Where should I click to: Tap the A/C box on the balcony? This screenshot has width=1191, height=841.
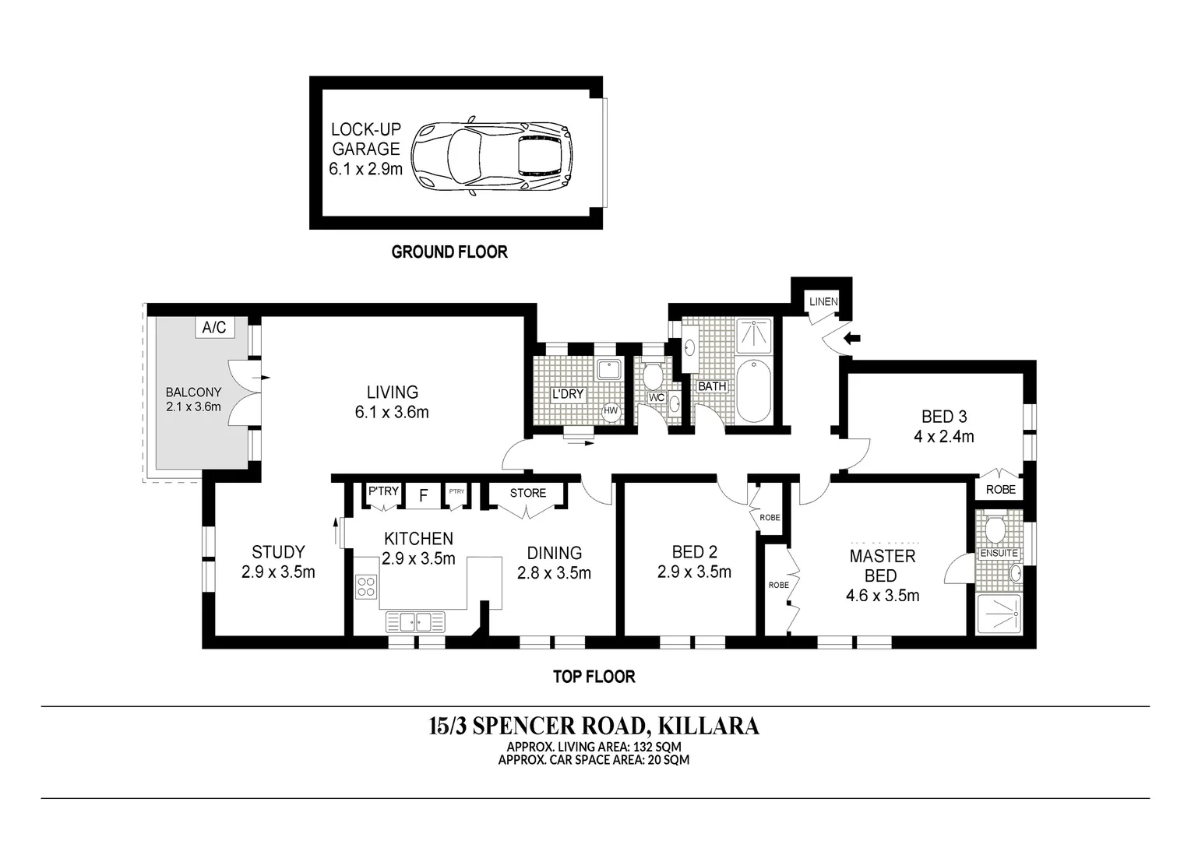(x=214, y=328)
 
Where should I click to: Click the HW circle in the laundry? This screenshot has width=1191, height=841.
(x=611, y=410)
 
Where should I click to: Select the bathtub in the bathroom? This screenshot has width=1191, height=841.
(x=753, y=390)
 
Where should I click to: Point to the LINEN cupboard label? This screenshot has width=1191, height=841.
(x=823, y=302)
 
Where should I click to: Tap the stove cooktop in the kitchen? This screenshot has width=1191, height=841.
(x=366, y=586)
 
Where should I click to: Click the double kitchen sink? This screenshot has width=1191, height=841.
(x=416, y=621)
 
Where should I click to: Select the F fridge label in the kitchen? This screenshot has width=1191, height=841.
(x=424, y=495)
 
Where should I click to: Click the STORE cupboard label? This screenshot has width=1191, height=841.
(x=528, y=493)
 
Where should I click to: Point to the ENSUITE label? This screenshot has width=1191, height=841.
(x=999, y=553)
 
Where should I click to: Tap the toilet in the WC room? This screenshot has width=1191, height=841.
(x=654, y=376)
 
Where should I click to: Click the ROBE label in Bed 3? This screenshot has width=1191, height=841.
(x=1000, y=490)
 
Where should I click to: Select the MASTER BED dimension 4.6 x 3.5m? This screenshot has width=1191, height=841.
(x=883, y=596)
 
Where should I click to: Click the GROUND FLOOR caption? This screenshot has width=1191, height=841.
(x=449, y=252)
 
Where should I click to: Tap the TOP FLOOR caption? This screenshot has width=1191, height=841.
(x=594, y=677)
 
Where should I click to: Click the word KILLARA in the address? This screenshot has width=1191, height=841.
(x=709, y=726)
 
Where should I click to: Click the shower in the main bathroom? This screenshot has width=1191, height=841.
(x=753, y=335)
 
